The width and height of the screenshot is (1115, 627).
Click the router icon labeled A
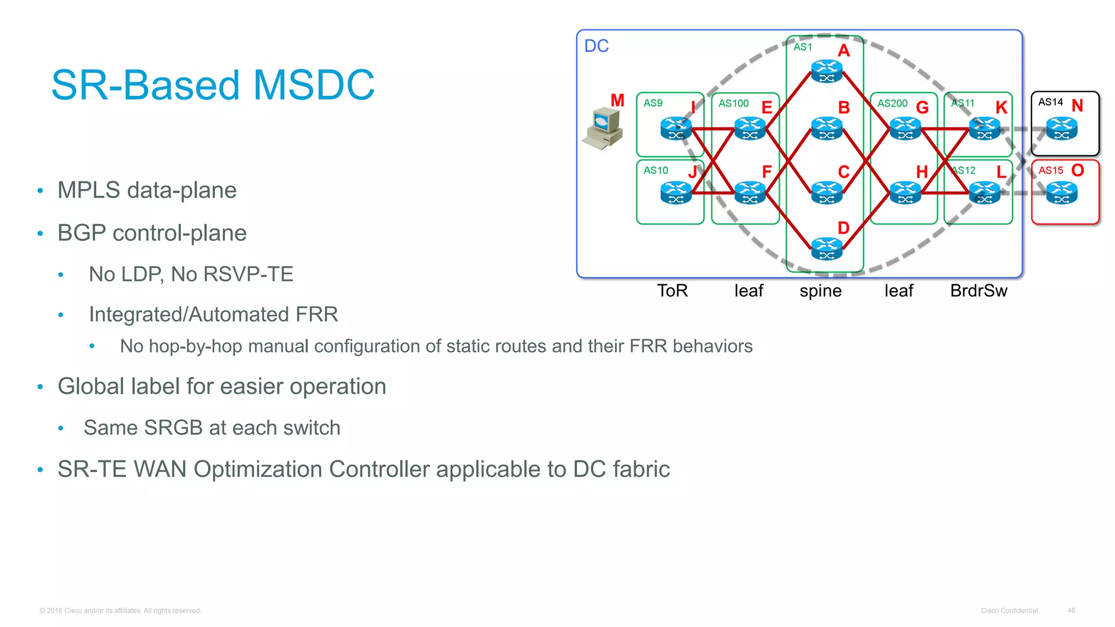(826, 71)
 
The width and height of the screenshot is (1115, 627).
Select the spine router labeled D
(826, 249)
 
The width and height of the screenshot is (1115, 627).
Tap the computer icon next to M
(603, 128)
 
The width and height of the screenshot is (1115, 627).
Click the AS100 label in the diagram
(733, 103)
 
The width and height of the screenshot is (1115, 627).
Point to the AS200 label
(892, 103)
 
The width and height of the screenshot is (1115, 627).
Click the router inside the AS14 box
(1062, 129)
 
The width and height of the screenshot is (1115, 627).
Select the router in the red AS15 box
(1062, 193)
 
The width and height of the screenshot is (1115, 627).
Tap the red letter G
(922, 108)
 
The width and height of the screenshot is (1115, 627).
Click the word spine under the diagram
(820, 291)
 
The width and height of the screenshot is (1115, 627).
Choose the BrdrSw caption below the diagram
(978, 291)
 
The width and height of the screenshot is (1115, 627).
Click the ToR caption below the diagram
(672, 291)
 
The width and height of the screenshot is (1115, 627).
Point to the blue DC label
(596, 46)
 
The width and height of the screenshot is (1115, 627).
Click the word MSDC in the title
(314, 85)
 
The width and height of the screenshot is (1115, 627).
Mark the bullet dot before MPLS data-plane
(40, 190)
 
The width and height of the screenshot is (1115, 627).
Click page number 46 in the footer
(1071, 611)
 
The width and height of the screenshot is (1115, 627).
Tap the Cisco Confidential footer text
(1009, 611)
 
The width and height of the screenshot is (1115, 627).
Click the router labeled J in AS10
(676, 193)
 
